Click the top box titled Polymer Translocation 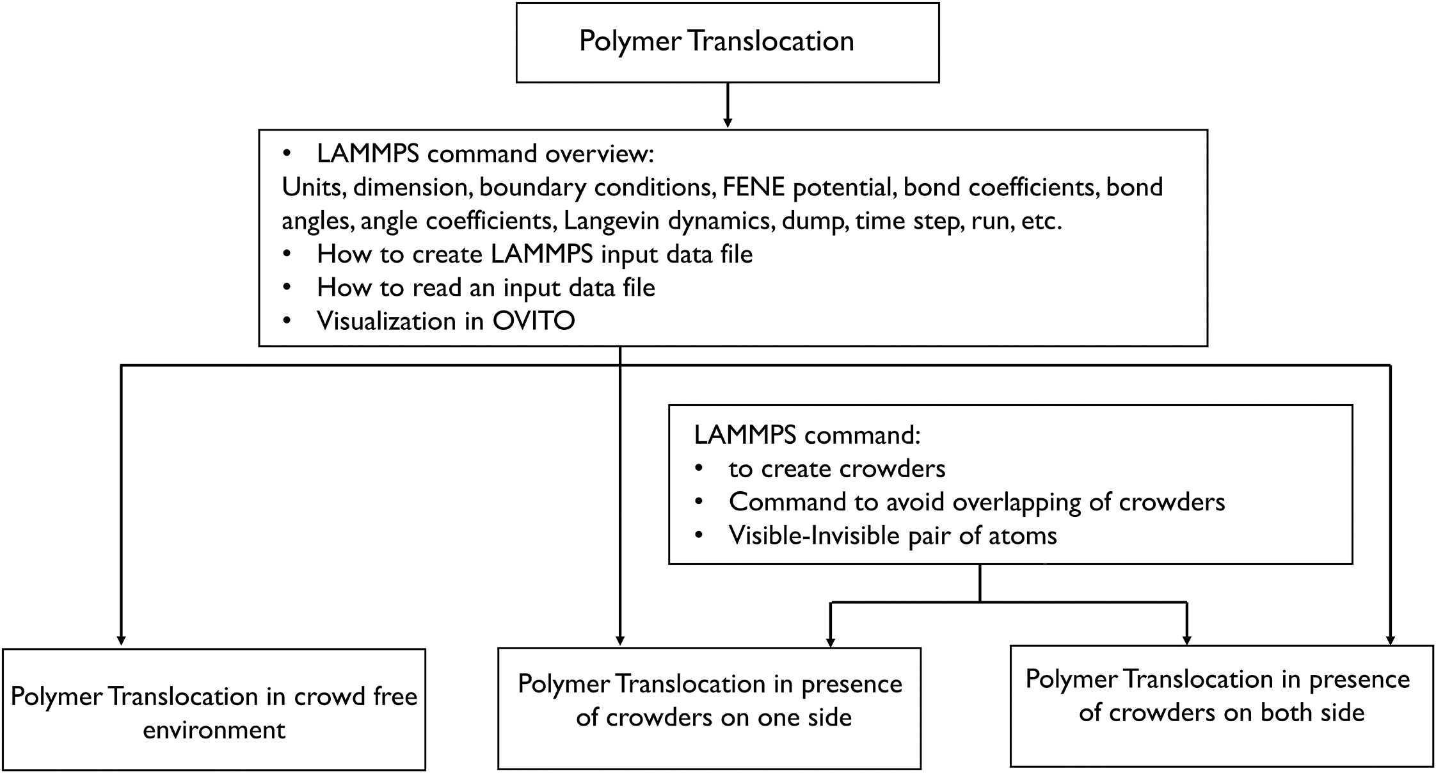pyautogui.click(x=727, y=42)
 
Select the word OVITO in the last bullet pyautogui.click(x=533, y=321)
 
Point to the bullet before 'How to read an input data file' pyautogui.click(x=287, y=288)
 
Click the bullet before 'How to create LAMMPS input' pyautogui.click(x=287, y=254)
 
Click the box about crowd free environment pyautogui.click(x=214, y=710)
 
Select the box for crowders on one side pyautogui.click(x=709, y=708)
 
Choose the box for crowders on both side pyautogui.click(x=1221, y=706)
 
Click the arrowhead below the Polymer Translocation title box pyautogui.click(x=727, y=122)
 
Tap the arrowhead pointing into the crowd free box pyautogui.click(x=121, y=639)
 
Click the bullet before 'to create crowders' pyautogui.click(x=699, y=469)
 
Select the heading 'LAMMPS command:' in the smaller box pyautogui.click(x=807, y=435)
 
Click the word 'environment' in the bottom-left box pyautogui.click(x=214, y=730)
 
